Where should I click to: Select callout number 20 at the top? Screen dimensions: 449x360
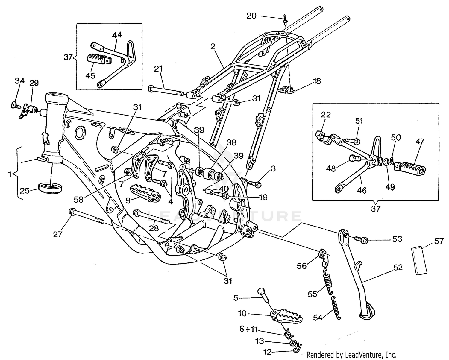tap(251, 16)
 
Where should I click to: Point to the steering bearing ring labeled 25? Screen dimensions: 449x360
tap(51, 188)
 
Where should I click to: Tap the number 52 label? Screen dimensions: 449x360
tap(398, 268)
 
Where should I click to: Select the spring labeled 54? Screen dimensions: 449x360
tap(335, 308)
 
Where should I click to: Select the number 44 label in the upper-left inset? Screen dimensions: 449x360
tap(117, 35)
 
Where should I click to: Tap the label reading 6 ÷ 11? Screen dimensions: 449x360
tap(248, 329)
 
